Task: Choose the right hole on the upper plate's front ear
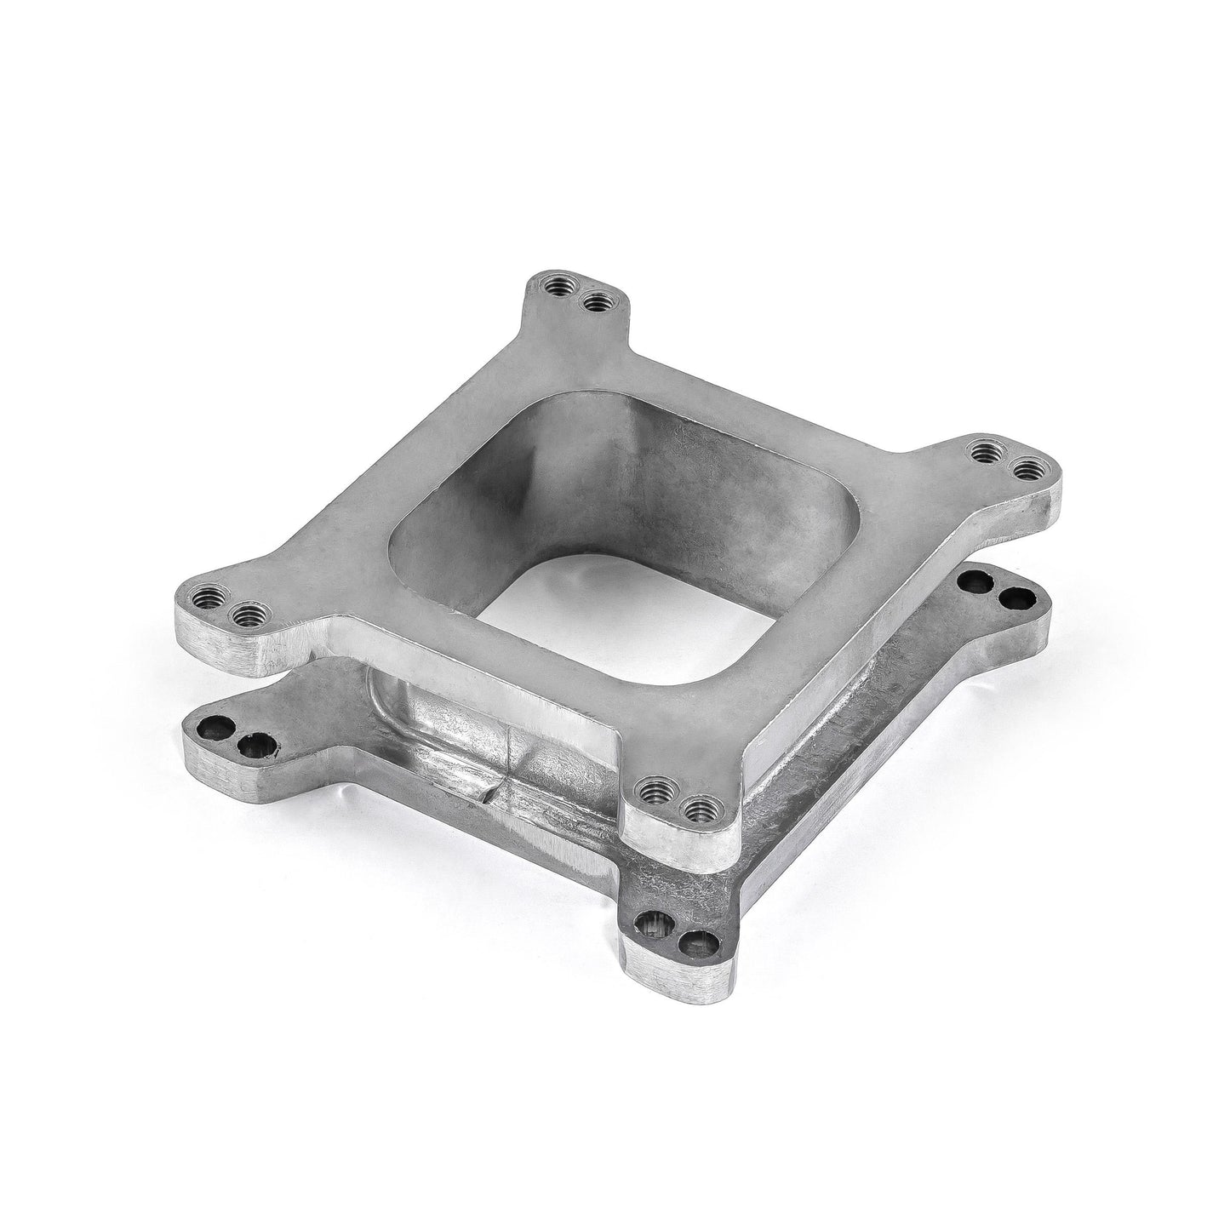(x=698, y=805)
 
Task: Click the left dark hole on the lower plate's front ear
(x=655, y=920)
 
